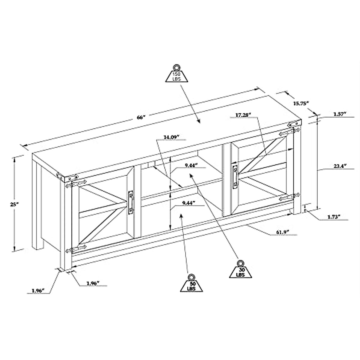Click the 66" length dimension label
click(x=141, y=117)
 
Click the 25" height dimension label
click(x=14, y=204)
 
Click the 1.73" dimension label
click(x=334, y=217)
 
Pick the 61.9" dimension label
click(x=283, y=232)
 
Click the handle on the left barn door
click(x=131, y=202)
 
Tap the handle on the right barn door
click(x=235, y=176)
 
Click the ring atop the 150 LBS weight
click(x=176, y=67)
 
